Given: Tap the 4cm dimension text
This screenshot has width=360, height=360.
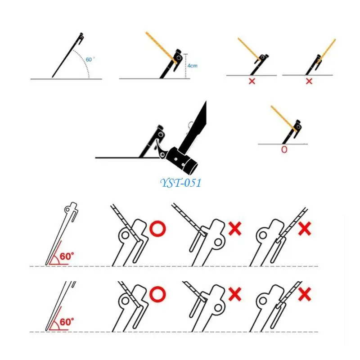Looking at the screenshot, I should pyautogui.click(x=193, y=66).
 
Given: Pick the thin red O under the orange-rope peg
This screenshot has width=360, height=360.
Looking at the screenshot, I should pyautogui.click(x=284, y=149).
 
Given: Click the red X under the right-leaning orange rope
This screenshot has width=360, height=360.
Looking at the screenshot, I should pyautogui.click(x=309, y=81).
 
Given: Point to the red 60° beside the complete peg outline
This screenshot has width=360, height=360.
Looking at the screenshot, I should pyautogui.click(x=67, y=256).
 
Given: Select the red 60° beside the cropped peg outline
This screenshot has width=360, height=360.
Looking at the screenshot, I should pyautogui.click(x=67, y=322).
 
